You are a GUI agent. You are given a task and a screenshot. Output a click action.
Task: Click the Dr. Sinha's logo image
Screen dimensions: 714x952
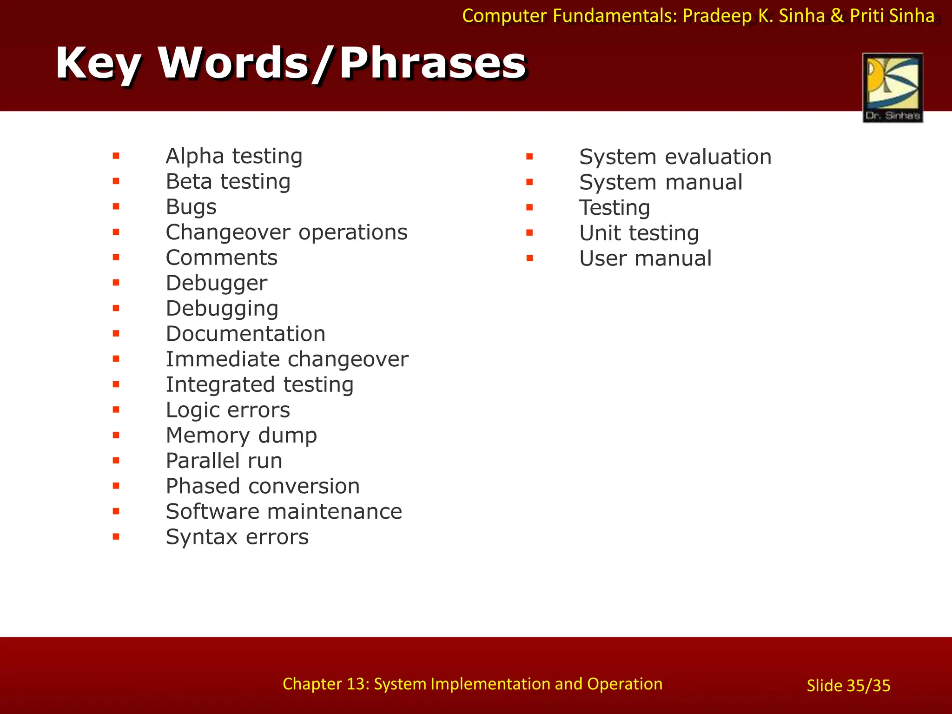(x=892, y=87)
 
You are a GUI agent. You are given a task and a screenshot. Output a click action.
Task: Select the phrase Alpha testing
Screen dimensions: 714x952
(x=234, y=156)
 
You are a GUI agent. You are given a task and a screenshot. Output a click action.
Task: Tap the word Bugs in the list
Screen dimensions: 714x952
(x=191, y=207)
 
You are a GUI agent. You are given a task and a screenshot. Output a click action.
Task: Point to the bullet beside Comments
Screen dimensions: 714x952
(x=116, y=257)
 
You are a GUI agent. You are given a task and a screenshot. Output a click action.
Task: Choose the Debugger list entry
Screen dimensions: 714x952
(x=216, y=283)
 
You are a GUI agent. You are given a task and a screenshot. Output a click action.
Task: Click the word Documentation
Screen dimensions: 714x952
(x=245, y=334)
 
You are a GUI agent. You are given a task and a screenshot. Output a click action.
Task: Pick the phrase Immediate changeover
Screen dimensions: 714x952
(x=287, y=359)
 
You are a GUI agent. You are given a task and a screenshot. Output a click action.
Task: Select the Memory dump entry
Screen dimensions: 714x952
(x=241, y=436)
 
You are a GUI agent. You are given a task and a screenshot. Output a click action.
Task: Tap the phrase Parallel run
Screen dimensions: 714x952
(x=224, y=461)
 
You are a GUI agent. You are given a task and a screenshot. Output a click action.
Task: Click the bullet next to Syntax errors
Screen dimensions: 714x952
(x=116, y=536)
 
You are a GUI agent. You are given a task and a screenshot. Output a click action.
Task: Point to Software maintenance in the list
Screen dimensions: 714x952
(x=284, y=512)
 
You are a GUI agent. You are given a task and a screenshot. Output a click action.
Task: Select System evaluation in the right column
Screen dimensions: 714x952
(x=675, y=157)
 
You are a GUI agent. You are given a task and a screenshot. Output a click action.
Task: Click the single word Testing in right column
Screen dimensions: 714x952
(x=614, y=208)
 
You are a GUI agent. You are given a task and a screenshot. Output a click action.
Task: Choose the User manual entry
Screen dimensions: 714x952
(x=645, y=258)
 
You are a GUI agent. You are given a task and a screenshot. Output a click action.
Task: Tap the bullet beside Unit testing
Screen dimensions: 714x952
(x=529, y=232)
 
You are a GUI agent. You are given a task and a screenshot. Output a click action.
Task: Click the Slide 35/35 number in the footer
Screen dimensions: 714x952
(x=848, y=686)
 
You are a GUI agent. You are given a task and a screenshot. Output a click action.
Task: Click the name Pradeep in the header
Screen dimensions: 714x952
(x=717, y=16)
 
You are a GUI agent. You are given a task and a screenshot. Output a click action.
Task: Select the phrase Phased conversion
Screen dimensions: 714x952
(x=263, y=486)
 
